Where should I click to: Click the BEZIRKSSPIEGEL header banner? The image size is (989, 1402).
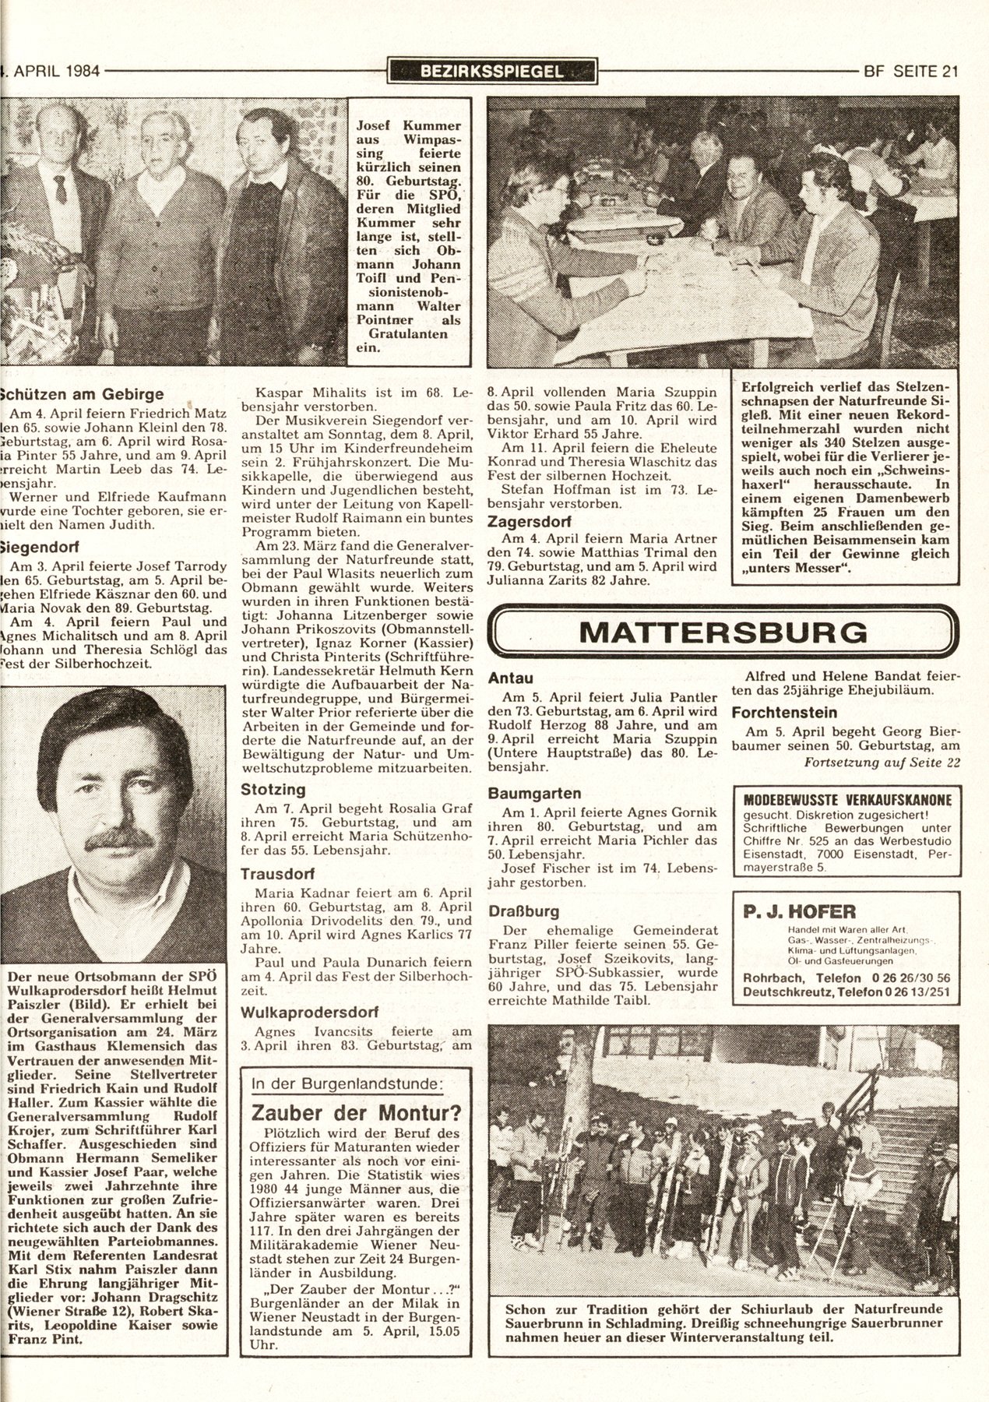(491, 72)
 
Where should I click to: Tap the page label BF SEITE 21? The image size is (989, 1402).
(910, 72)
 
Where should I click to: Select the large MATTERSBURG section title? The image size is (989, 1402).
(722, 631)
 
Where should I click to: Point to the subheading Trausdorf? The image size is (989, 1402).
(276, 874)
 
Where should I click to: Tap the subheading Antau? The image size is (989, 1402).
(510, 678)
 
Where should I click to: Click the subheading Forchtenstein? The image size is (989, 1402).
(783, 712)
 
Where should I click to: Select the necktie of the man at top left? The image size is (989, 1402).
(61, 188)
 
